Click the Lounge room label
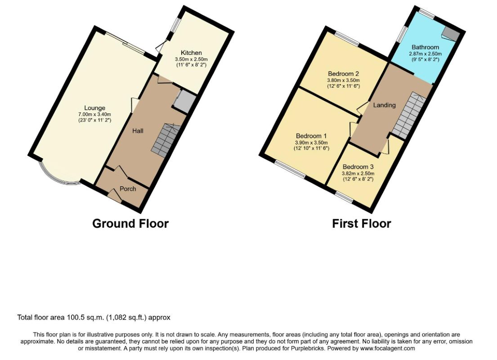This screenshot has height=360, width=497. point(94,108)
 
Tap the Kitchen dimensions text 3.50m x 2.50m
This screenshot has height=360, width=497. point(191,59)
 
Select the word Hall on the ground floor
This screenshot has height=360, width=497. point(138,130)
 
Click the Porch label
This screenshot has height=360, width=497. point(128,189)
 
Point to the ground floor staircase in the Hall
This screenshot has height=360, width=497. point(166,140)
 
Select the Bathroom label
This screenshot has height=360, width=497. point(425,47)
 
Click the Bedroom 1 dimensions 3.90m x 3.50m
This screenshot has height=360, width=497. point(311,143)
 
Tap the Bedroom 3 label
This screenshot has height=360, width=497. point(358,166)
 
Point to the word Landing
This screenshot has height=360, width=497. point(385,105)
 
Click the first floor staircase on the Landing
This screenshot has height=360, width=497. point(409,115)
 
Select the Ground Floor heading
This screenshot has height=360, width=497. point(130,224)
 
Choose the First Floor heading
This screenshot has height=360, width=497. point(361,224)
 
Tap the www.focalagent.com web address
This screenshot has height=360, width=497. point(387,348)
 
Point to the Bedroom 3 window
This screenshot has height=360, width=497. point(345,197)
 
